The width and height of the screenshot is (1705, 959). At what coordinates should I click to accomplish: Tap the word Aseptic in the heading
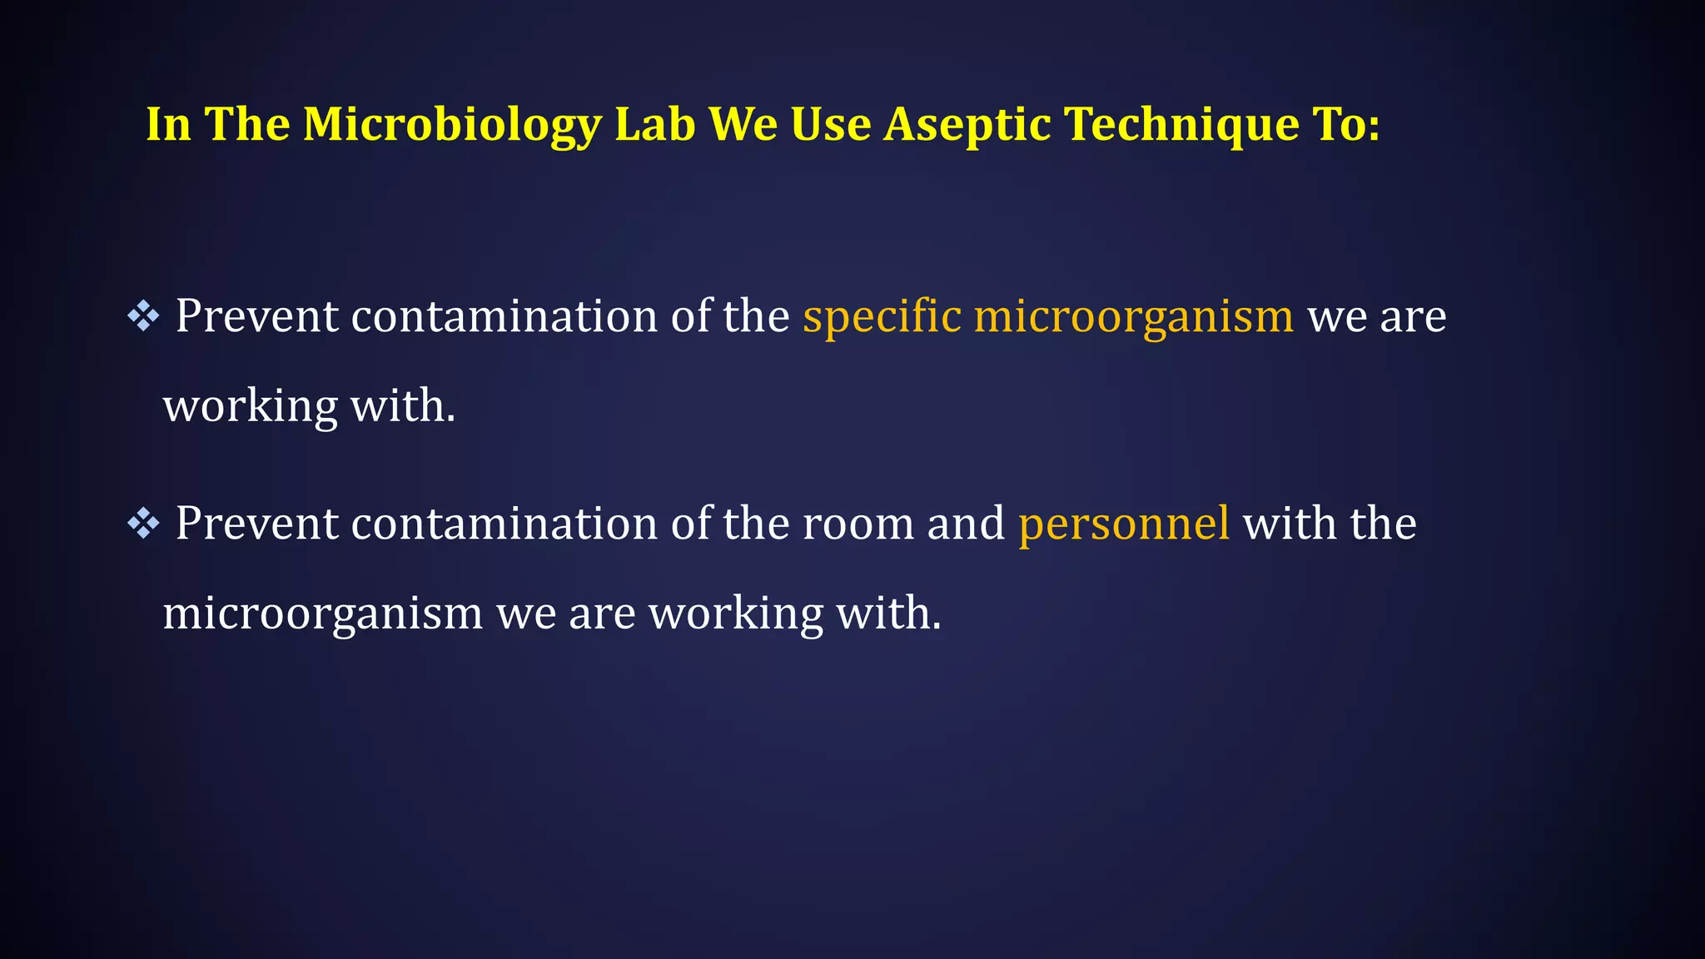click(x=966, y=125)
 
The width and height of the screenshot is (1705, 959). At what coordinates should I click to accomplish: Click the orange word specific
click(x=882, y=316)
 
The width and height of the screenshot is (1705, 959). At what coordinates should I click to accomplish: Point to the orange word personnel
click(x=1124, y=524)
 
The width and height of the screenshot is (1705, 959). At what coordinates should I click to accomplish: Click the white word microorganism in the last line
click(x=322, y=614)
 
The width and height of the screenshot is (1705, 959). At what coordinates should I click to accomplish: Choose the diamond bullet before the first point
click(x=143, y=316)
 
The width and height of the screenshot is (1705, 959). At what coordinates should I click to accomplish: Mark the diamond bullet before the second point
click(x=143, y=524)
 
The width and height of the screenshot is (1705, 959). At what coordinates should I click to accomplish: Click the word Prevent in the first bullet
click(x=256, y=316)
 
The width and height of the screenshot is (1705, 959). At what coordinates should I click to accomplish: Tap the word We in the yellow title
click(x=743, y=125)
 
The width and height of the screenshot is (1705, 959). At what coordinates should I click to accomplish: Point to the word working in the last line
click(x=736, y=614)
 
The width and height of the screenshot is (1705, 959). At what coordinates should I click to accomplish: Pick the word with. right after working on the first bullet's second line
click(x=403, y=406)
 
